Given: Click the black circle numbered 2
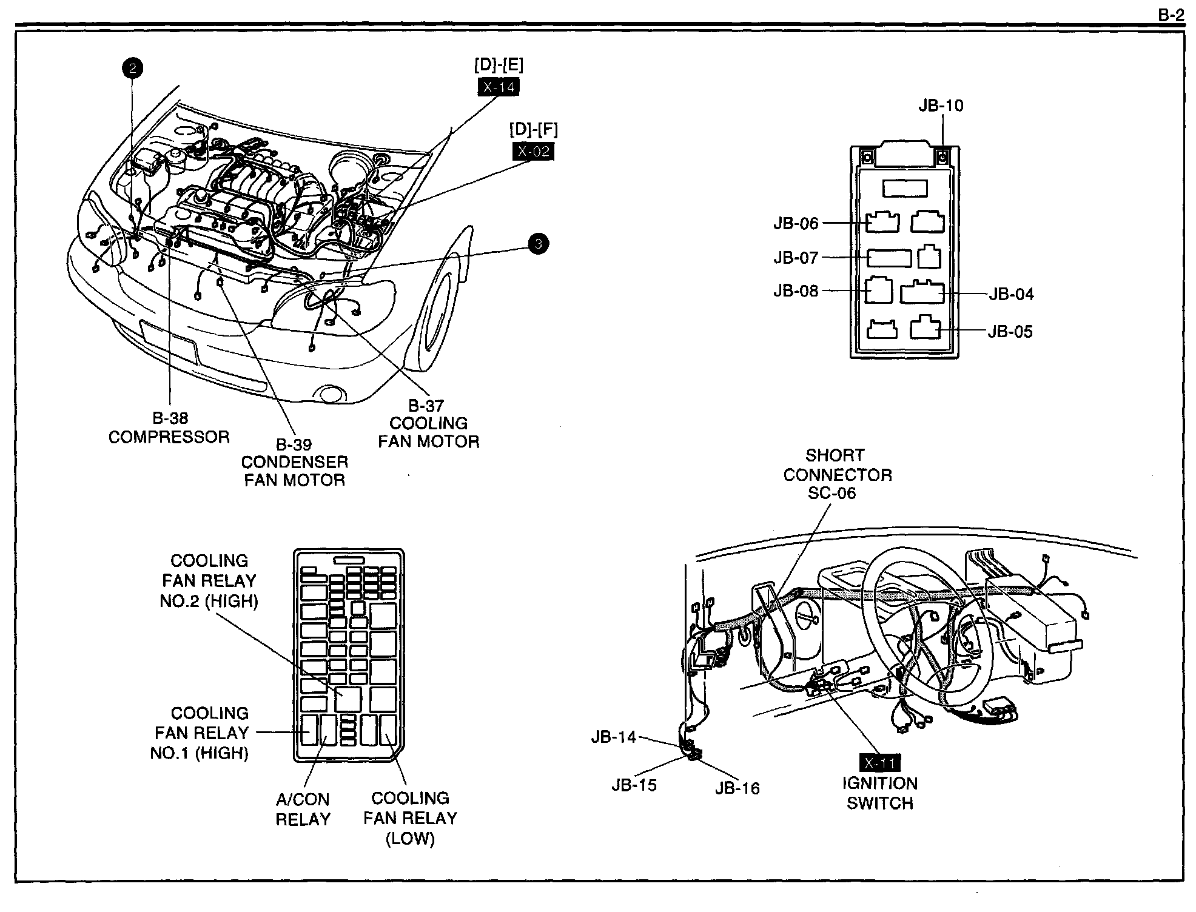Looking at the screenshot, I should click(x=132, y=68).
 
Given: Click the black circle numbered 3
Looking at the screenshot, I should click(x=538, y=244).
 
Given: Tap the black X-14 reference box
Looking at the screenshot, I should click(x=499, y=87).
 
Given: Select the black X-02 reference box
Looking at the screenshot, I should click(x=533, y=151).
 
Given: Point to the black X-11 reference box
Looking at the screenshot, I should click(x=879, y=763).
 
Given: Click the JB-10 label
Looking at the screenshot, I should click(x=941, y=106).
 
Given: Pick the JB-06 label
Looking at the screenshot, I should click(x=796, y=223).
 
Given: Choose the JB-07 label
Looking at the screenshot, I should click(x=796, y=258).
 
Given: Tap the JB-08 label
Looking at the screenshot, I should click(x=796, y=291).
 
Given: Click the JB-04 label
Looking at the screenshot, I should click(x=1011, y=294).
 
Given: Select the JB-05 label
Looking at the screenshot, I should click(x=1010, y=332).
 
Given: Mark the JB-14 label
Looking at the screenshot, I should click(x=613, y=737).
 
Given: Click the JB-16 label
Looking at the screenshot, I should click(x=737, y=788).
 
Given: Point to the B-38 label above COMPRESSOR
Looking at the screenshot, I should click(x=170, y=418).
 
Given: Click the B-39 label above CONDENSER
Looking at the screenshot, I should click(x=294, y=444).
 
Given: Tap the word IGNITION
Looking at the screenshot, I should click(x=879, y=783).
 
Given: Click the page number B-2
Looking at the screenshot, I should click(x=1171, y=15).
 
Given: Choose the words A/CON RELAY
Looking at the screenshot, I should click(x=303, y=809).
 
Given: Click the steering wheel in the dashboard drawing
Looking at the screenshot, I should click(x=928, y=631).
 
